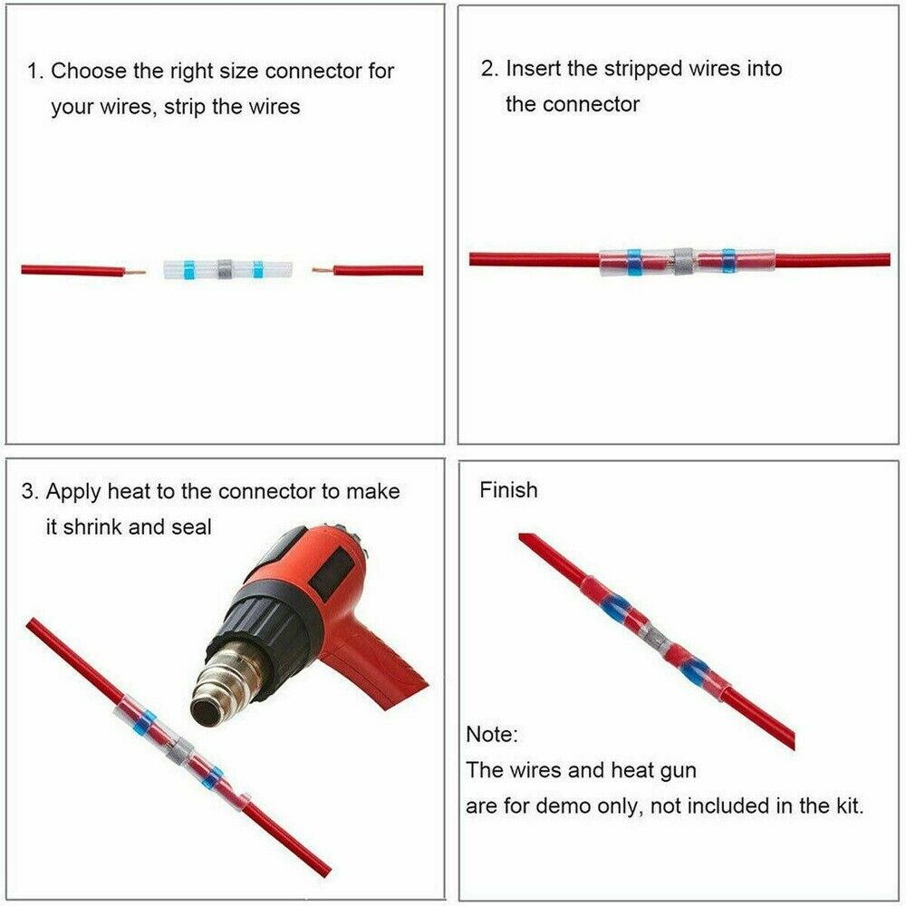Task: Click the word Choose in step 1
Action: (87, 71)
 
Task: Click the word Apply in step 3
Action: (74, 492)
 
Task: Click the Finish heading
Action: (508, 490)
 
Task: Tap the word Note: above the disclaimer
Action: (492, 734)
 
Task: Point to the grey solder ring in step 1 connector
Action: (226, 269)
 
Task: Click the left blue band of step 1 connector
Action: (188, 269)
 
